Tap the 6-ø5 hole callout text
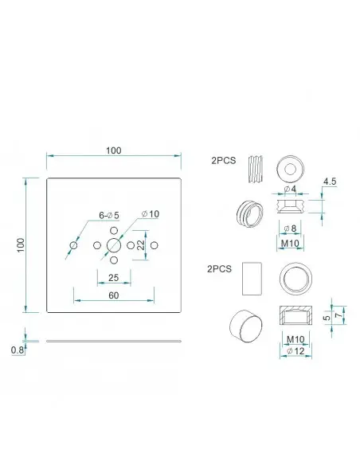(x=109, y=215)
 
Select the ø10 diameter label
(x=151, y=214)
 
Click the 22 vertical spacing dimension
(x=141, y=245)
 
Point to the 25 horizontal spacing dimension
(x=114, y=278)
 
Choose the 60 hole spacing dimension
(x=114, y=295)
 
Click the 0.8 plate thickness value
(x=18, y=350)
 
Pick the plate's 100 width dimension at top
(x=114, y=150)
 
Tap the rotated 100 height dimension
(x=21, y=245)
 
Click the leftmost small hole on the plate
(x=73, y=245)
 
